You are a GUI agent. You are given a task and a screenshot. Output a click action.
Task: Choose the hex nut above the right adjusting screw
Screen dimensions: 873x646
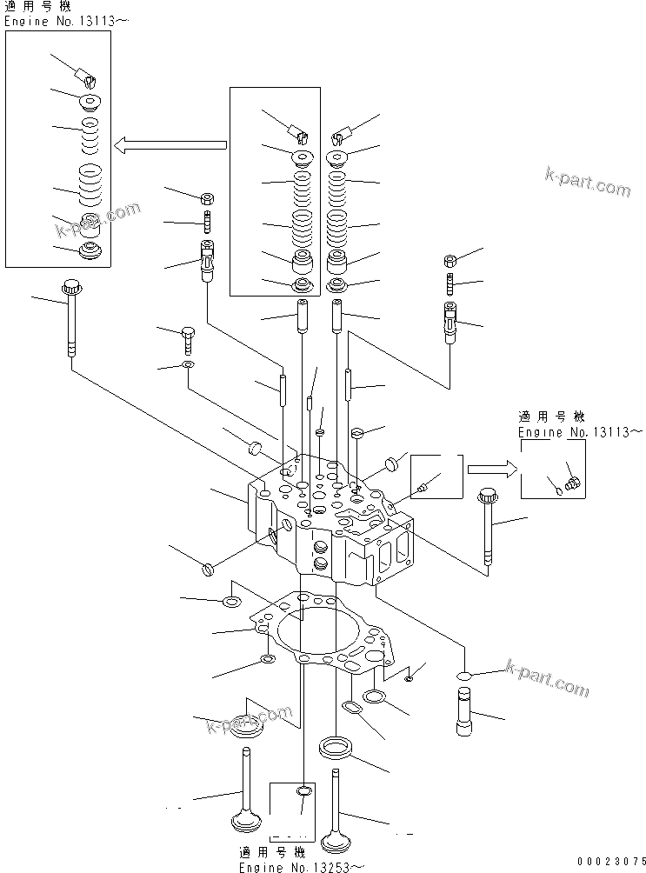tap(450, 260)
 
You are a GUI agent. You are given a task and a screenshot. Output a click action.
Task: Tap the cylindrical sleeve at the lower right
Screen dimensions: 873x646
tap(463, 710)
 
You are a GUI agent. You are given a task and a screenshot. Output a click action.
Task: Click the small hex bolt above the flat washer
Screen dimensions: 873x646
tap(189, 337)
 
